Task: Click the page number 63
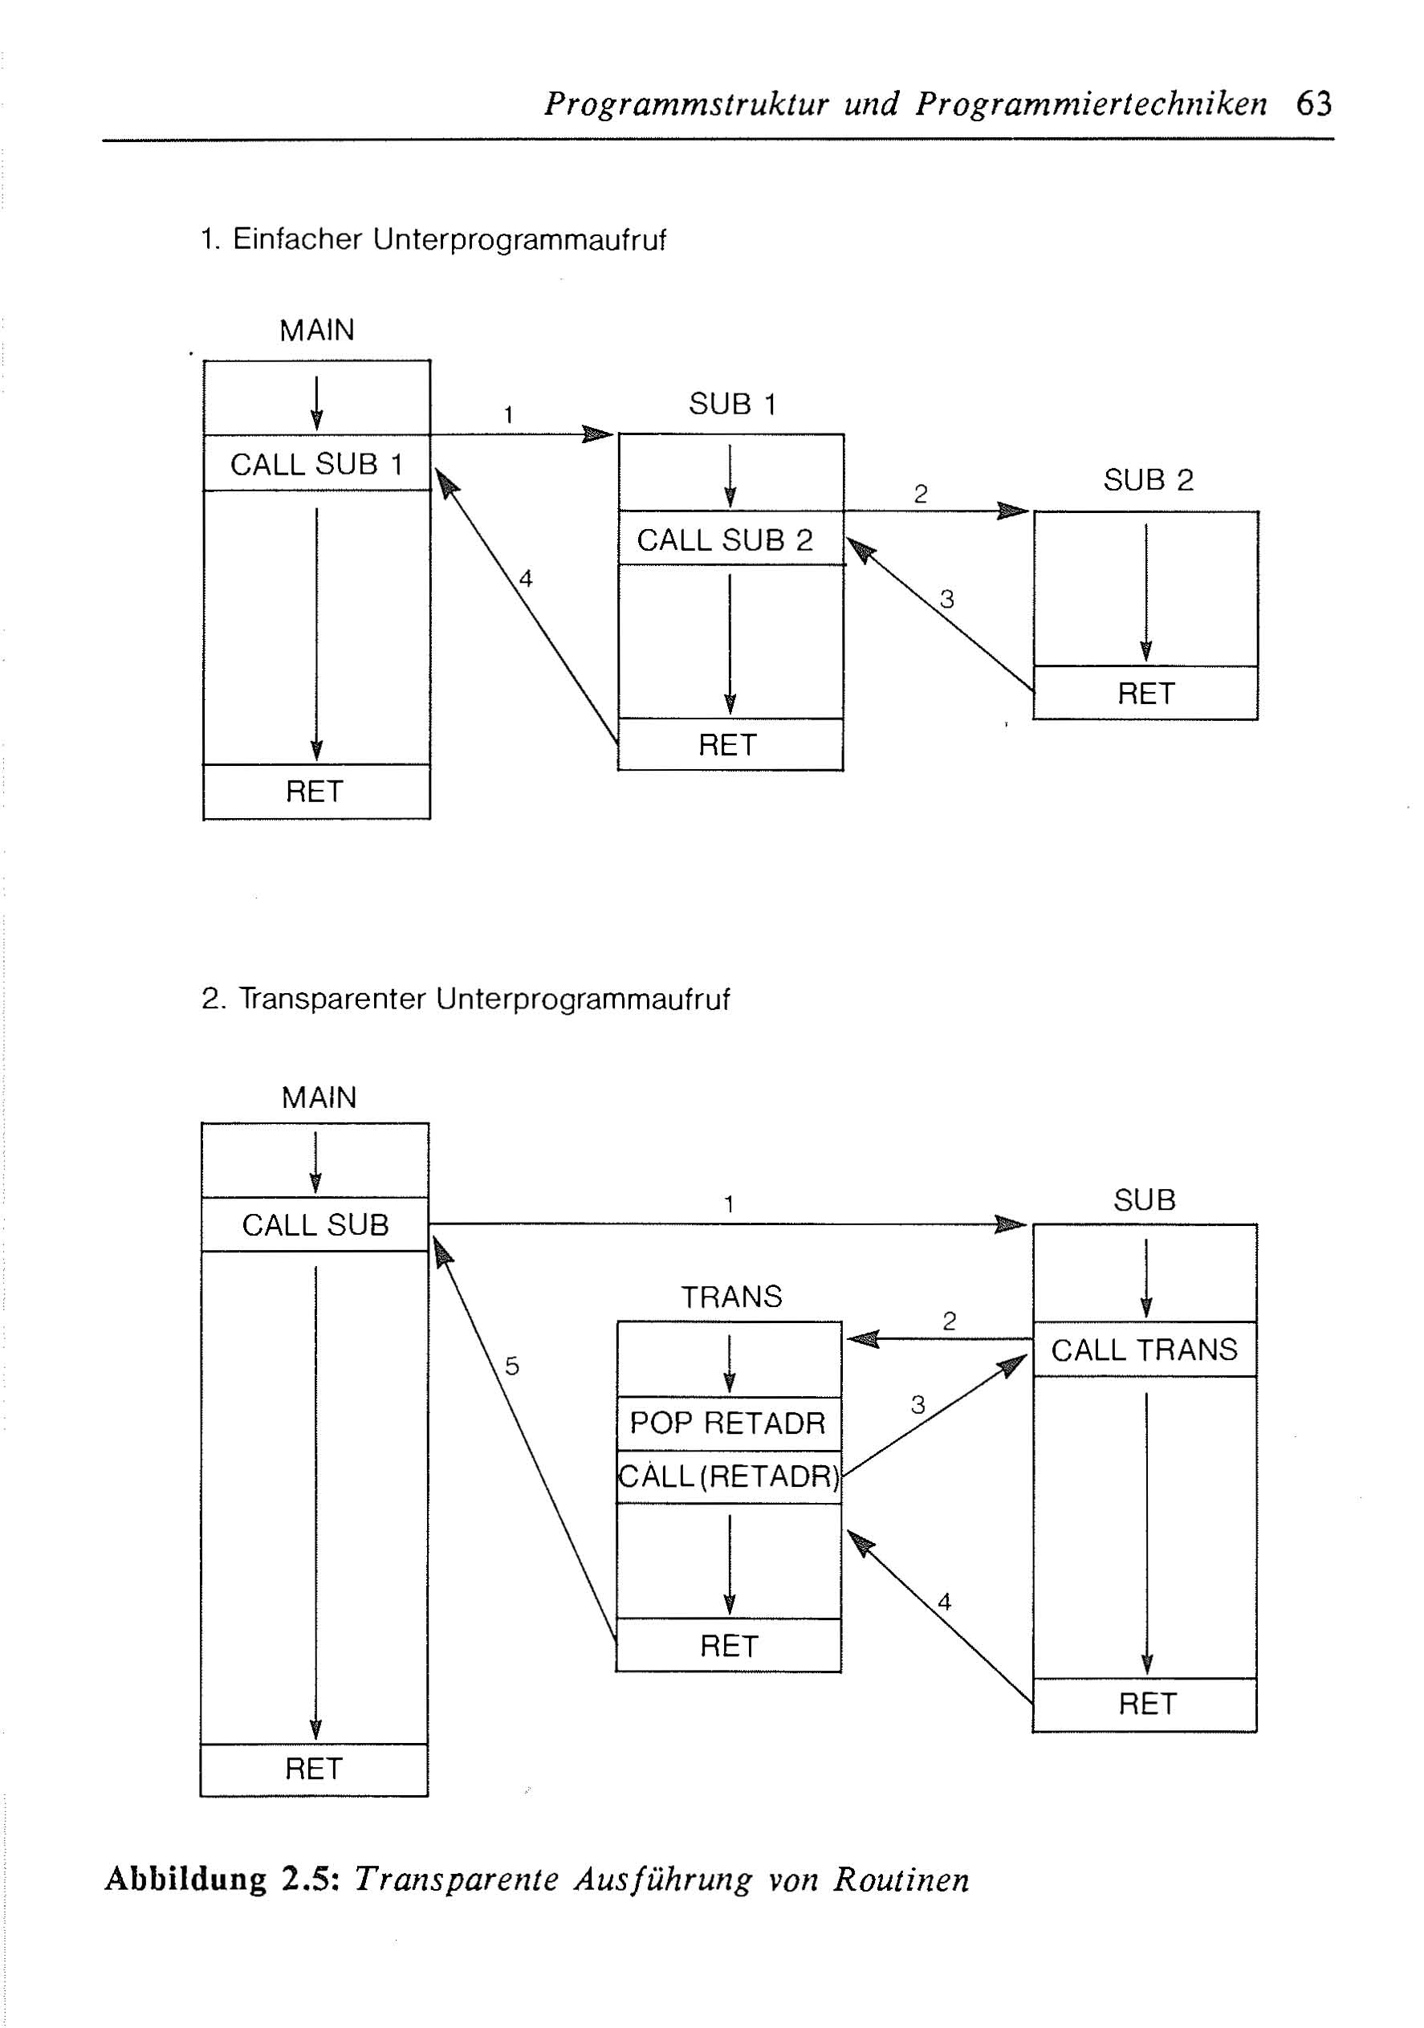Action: (x=1313, y=104)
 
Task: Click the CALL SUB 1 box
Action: (x=316, y=462)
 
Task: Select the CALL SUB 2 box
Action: (x=730, y=538)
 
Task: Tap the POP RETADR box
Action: (x=729, y=1423)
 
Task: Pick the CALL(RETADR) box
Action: (x=729, y=1476)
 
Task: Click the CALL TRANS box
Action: (x=1145, y=1350)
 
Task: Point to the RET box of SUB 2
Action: (x=1145, y=694)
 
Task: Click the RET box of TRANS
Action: (x=729, y=1646)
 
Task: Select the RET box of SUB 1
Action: (x=730, y=744)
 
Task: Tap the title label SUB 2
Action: (x=1149, y=479)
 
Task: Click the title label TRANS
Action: (x=731, y=1297)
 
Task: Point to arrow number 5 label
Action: (x=511, y=1366)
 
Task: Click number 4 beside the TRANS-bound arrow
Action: (x=944, y=1602)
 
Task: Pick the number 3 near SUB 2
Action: (x=947, y=599)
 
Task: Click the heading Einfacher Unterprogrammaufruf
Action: (x=449, y=239)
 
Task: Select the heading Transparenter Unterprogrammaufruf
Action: (x=484, y=999)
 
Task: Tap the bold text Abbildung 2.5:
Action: (x=222, y=1879)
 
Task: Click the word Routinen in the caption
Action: (x=901, y=1879)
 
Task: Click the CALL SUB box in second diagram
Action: (x=315, y=1224)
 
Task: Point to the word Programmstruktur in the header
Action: (x=686, y=104)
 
